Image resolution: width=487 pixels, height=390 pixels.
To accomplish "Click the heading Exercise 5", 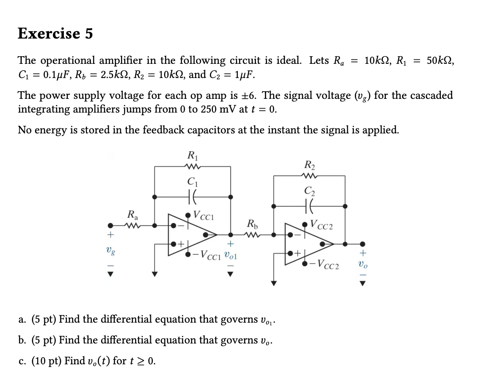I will [55, 33].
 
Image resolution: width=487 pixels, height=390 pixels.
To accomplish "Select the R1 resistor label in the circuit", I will [192, 156].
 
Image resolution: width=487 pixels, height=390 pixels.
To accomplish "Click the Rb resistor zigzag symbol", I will [251, 235].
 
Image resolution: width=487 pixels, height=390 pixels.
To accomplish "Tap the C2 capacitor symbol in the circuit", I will [310, 206].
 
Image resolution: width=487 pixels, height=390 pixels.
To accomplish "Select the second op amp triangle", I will [308, 243].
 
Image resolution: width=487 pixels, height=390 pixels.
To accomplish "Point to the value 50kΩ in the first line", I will [440, 60].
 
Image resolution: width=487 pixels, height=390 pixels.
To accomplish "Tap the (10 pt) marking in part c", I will [47, 361].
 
